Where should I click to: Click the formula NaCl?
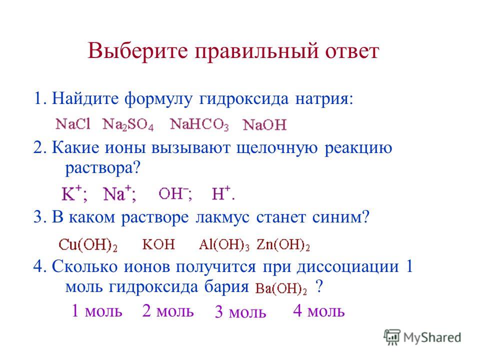coord(73,124)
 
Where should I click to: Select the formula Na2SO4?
coord(128,124)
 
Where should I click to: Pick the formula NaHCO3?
coord(199,124)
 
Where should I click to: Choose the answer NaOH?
coord(265,125)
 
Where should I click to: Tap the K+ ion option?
coord(74,193)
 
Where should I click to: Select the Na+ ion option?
coord(119,193)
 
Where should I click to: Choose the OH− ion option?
coord(175,194)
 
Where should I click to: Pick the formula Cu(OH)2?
coord(88,245)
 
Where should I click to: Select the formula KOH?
coord(158,244)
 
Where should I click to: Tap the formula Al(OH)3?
coord(224,245)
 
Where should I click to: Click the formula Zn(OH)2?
coord(283,245)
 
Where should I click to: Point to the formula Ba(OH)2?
coord(281,288)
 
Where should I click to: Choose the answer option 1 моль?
coord(96,310)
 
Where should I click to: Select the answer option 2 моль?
coord(168,310)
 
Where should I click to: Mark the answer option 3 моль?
coord(240,312)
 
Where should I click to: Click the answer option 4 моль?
coord(319,310)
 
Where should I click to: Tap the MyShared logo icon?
coord(392,337)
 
